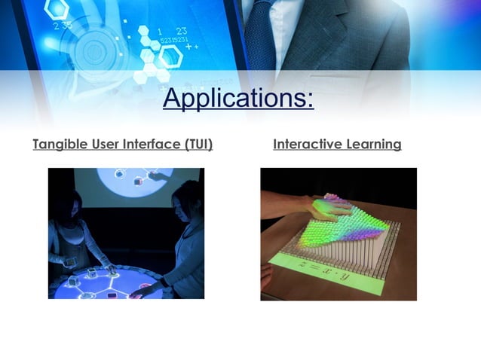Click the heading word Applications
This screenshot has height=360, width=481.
pos(238,98)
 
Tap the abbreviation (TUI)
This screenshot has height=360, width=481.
pos(198,144)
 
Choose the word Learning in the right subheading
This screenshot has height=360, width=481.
pos(374,144)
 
